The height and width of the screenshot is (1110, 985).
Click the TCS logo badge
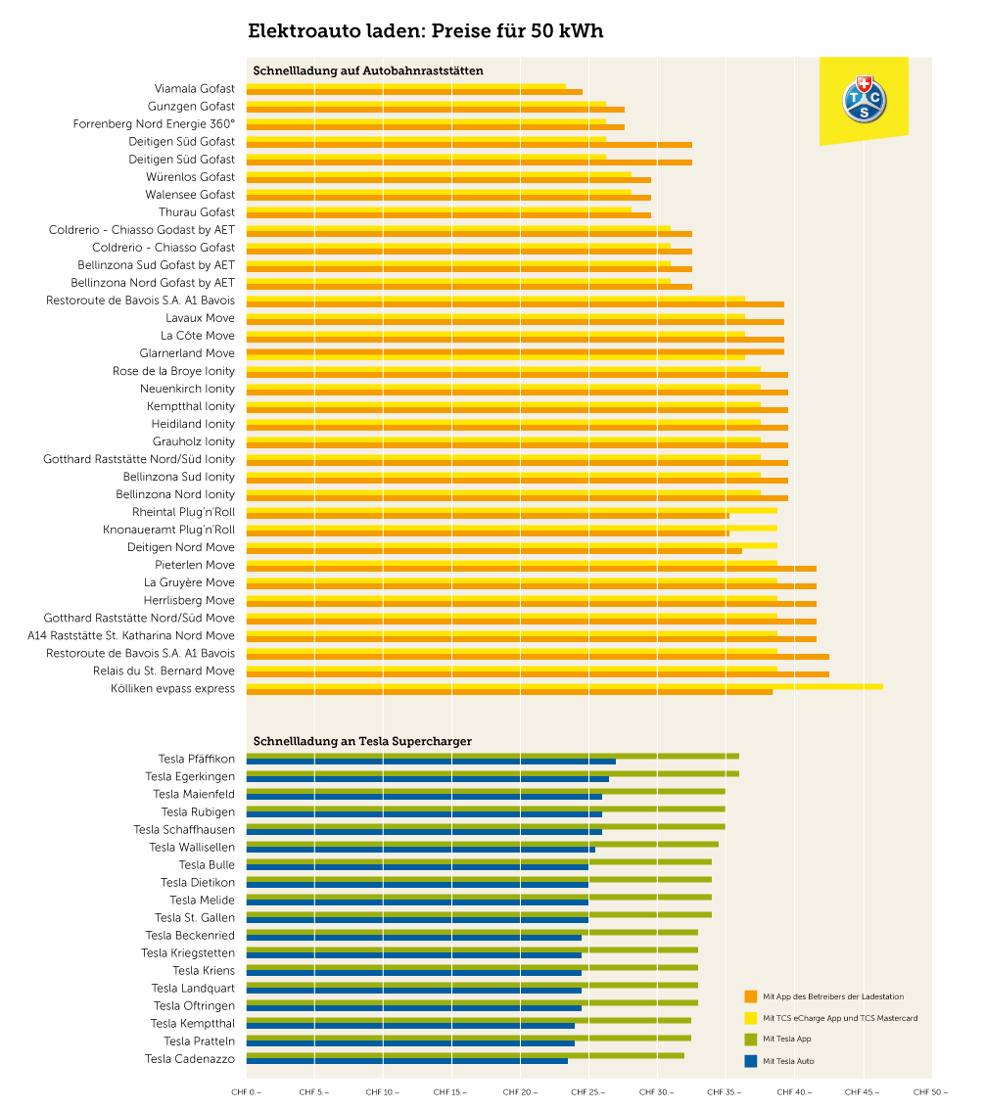tap(864, 99)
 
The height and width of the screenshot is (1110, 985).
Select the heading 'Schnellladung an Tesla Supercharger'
tap(362, 741)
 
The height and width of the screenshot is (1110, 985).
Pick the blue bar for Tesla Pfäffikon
tap(431, 762)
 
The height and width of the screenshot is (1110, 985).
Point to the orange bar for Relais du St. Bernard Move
tap(538, 674)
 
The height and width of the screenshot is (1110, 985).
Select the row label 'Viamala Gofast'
tap(194, 89)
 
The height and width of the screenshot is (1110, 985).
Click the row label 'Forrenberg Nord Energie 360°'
tap(154, 124)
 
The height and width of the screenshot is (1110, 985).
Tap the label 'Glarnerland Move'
tap(187, 353)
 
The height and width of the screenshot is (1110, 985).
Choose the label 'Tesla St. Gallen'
tap(195, 918)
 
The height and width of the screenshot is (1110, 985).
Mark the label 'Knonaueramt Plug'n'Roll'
tap(168, 530)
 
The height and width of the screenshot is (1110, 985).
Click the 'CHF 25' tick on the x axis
tap(588, 1091)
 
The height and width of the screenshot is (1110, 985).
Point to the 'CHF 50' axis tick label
tap(930, 1091)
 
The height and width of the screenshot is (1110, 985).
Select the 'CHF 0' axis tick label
tap(247, 1091)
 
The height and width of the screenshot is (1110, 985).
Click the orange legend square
tap(751, 996)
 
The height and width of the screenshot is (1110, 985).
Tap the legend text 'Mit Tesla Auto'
tap(788, 1061)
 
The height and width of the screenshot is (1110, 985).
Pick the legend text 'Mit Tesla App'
tap(787, 1040)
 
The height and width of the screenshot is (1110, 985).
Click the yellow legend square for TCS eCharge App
tap(751, 1018)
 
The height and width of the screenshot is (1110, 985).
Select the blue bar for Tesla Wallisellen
tap(421, 850)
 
